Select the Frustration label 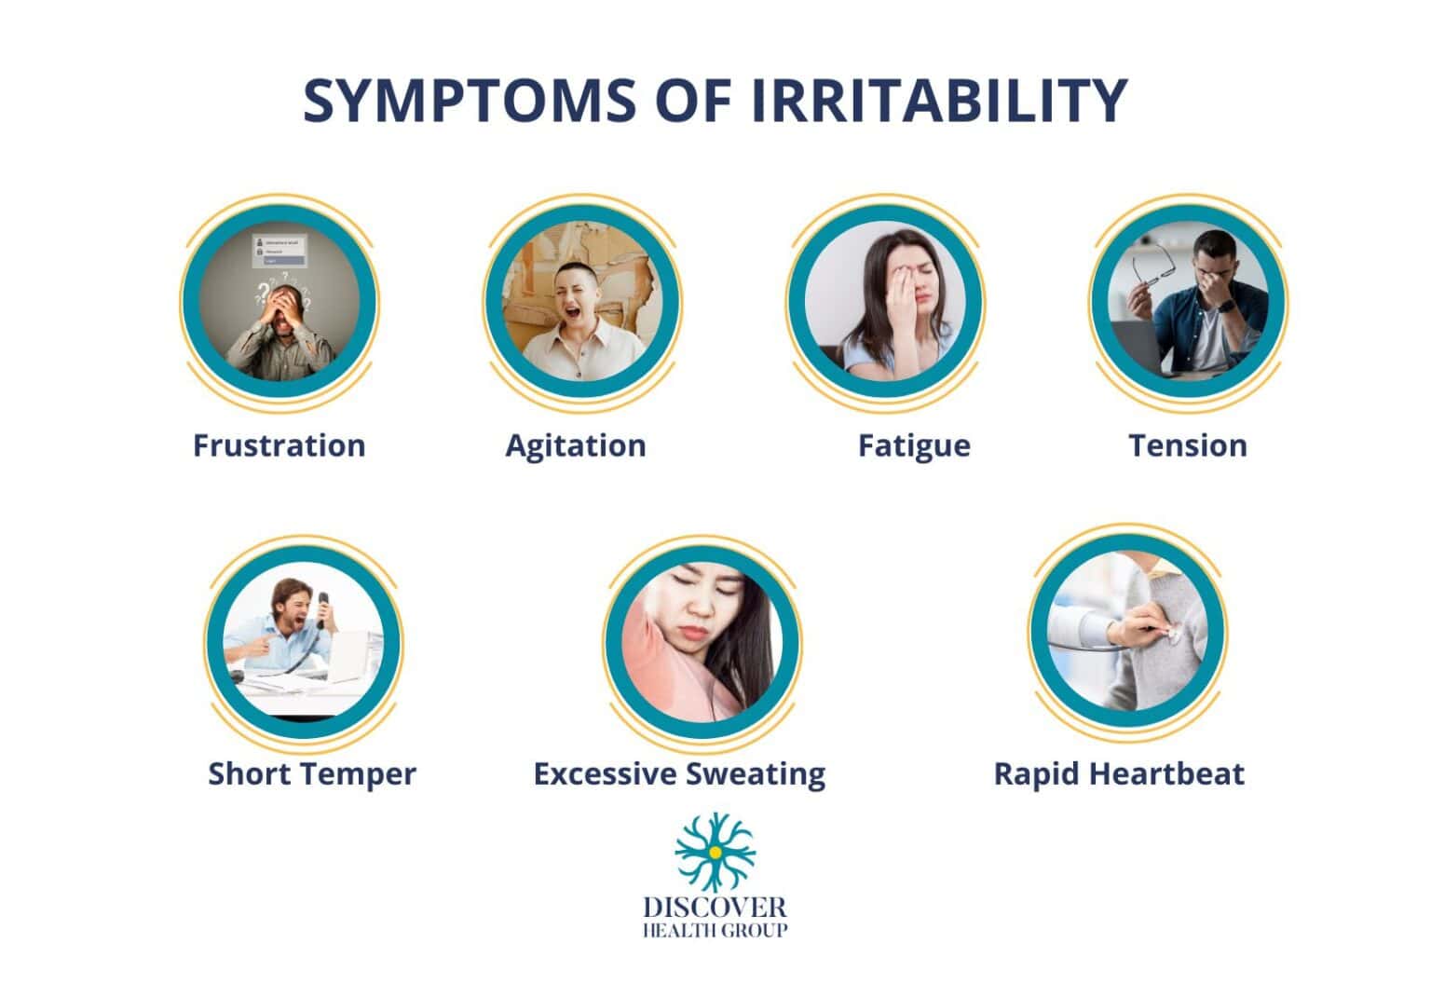(x=279, y=445)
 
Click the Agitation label (x=575, y=445)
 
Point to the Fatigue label (x=913, y=446)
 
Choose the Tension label (x=1187, y=445)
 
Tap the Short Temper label (x=311, y=773)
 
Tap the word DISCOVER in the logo (x=715, y=907)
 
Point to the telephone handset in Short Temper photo (x=322, y=610)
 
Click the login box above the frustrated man (x=279, y=250)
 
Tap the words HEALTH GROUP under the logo (x=715, y=930)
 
